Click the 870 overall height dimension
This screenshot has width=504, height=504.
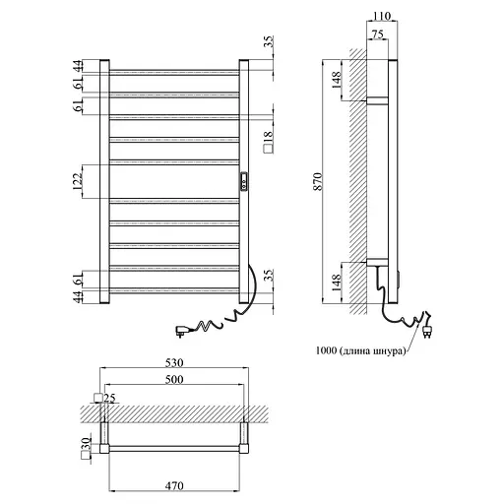318,181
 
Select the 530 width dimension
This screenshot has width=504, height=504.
174,363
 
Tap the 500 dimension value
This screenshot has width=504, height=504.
174,380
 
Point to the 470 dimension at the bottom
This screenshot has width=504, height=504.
174,485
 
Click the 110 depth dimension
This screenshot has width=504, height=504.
382,16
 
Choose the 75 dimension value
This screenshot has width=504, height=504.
378,34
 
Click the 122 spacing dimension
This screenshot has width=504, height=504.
78,181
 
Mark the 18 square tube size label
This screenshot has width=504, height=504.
268,142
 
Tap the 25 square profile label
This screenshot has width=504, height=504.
105,398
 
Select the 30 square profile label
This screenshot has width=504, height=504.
86,449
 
